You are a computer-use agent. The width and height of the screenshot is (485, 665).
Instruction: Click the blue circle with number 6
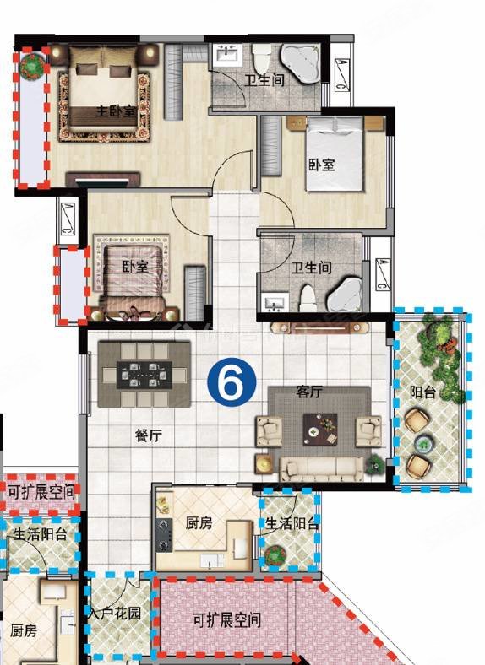tap(232, 381)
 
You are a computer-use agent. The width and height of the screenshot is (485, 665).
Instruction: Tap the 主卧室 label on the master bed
tap(116, 111)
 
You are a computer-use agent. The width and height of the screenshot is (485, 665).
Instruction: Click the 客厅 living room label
tap(308, 392)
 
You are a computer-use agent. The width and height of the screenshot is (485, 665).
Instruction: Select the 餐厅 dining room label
tap(149, 435)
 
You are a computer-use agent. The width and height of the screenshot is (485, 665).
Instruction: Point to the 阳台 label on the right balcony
tap(423, 392)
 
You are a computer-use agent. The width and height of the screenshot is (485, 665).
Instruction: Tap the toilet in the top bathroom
tap(261, 59)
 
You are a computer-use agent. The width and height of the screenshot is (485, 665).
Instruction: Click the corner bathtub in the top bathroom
tap(301, 63)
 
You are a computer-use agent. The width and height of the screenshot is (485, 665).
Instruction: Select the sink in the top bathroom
tap(227, 55)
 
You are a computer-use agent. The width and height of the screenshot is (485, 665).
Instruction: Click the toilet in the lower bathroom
tap(307, 299)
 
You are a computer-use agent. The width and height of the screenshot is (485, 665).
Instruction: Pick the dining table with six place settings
tap(144, 375)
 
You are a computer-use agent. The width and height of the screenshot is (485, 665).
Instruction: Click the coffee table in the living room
tap(320, 430)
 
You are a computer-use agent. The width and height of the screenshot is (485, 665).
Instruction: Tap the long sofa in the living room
tap(322, 469)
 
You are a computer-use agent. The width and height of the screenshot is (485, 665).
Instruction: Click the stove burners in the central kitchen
tap(164, 534)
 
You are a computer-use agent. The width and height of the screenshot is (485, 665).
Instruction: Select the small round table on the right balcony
tap(424, 444)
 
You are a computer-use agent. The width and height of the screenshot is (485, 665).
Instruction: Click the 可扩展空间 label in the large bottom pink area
tap(226, 620)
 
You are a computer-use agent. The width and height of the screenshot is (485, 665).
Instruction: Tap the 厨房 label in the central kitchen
tap(199, 523)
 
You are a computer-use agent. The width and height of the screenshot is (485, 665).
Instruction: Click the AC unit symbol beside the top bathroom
tap(341, 74)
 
